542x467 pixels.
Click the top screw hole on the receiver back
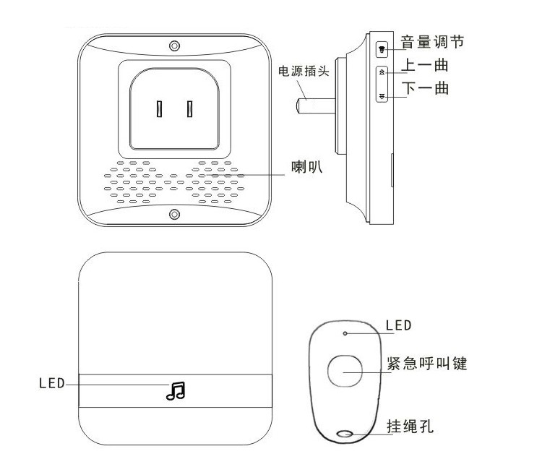click(x=175, y=45)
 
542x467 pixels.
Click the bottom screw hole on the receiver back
click(x=175, y=215)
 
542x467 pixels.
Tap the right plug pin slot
click(x=190, y=109)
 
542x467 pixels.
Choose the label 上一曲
click(x=424, y=67)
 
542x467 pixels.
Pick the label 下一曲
click(x=424, y=90)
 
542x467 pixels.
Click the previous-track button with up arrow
click(x=382, y=72)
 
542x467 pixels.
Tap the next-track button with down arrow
click(x=382, y=95)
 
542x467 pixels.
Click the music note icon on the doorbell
click(x=175, y=390)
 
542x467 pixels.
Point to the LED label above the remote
click(x=398, y=326)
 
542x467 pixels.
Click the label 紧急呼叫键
click(x=433, y=364)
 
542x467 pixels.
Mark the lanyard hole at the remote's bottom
click(x=345, y=435)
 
